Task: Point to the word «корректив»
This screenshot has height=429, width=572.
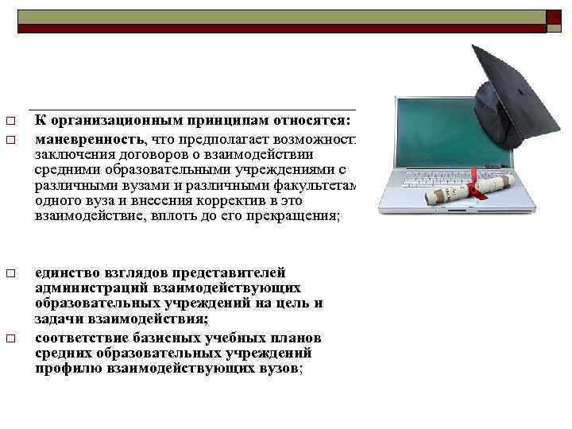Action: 222,201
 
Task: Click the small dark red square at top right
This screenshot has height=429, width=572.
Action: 554,15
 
